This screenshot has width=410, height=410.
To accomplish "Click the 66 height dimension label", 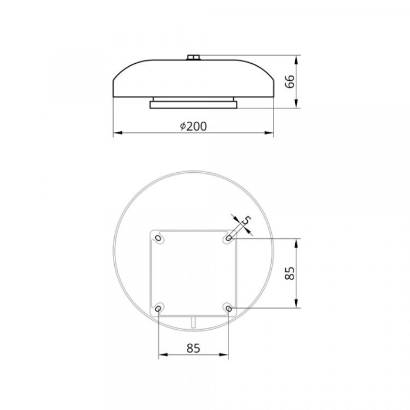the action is tap(290, 81).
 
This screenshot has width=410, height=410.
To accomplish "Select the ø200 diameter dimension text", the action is tap(193, 127).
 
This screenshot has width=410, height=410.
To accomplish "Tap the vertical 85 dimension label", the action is tap(290, 274).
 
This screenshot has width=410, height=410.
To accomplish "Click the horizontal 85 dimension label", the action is tap(193, 348).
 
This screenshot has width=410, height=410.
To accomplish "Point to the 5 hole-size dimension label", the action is tap(246, 220).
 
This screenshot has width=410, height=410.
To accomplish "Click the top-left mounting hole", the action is tap(158, 238).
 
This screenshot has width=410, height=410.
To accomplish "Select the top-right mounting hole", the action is tap(228, 238).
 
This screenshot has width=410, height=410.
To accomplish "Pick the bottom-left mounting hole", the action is tap(158, 309).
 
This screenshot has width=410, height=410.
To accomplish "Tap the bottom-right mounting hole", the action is tap(228, 309).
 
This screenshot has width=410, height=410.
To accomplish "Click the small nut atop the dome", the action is tap(193, 57).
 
